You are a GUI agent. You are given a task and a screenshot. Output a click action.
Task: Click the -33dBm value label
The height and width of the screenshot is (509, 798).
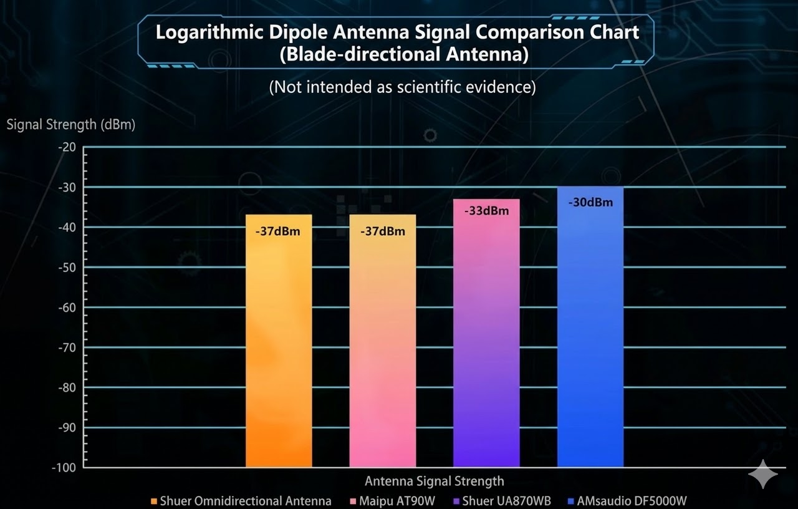tap(486, 211)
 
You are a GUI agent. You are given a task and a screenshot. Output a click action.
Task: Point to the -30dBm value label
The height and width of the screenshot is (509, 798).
tap(590, 203)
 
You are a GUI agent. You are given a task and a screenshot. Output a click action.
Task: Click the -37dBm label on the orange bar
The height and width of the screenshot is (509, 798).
tap(278, 231)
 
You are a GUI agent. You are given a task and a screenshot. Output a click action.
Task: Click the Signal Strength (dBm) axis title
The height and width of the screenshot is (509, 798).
tap(70, 124)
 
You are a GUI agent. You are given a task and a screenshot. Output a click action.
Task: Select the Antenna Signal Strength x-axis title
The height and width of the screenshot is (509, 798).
tap(434, 481)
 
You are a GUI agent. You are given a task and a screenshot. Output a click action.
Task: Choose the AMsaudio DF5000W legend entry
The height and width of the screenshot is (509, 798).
tap(631, 501)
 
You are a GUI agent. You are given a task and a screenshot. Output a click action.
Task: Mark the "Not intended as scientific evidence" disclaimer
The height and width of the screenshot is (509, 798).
tap(402, 87)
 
